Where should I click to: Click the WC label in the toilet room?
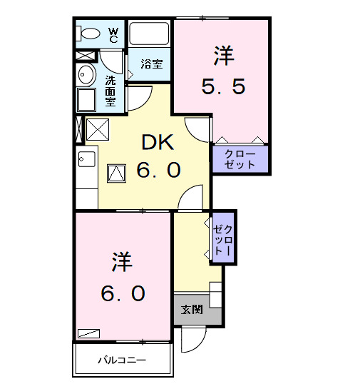pyautogui.click(x=113, y=34)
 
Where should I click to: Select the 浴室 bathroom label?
pyautogui.click(x=151, y=64)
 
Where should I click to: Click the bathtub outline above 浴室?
pyautogui.click(x=149, y=34)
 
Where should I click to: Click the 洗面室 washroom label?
pyautogui.click(x=111, y=91)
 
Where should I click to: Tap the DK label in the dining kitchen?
pyautogui.click(x=158, y=143)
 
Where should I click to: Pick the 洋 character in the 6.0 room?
pyautogui.click(x=121, y=263)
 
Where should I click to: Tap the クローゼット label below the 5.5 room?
pyautogui.click(x=240, y=158)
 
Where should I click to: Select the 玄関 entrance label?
pyautogui.click(x=190, y=309)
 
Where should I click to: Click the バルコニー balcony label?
pyautogui.click(x=122, y=360)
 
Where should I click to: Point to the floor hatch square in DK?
pyautogui.click(x=116, y=173)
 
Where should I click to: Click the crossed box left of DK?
pyautogui.click(x=96, y=129)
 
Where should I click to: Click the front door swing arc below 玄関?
pyautogui.click(x=190, y=340)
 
